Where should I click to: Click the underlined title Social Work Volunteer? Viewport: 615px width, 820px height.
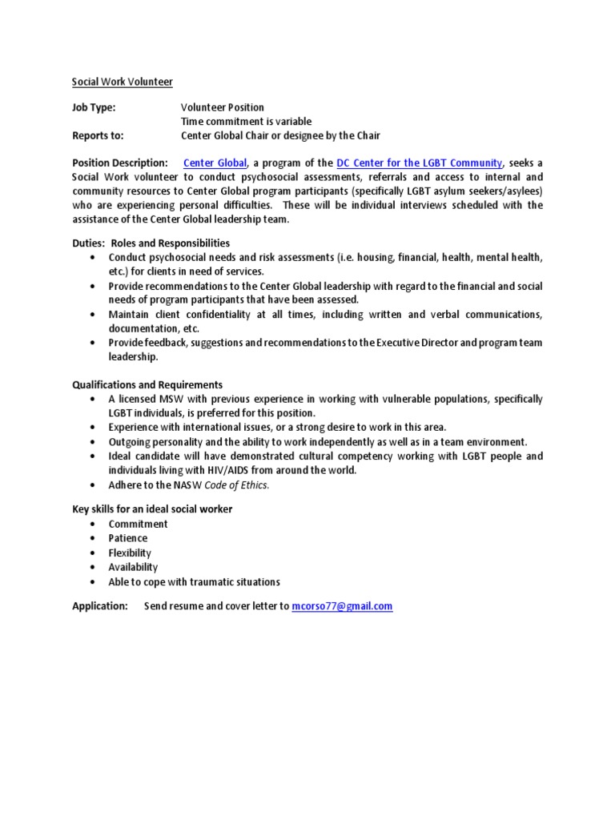click(x=123, y=82)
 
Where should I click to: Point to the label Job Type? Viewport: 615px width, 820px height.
click(x=94, y=107)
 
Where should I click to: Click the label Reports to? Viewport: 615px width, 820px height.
click(x=98, y=135)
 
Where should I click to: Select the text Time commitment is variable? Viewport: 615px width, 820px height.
click(x=246, y=122)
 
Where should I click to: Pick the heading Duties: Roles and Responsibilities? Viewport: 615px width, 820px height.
click(x=151, y=243)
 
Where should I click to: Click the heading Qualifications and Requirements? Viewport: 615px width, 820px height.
click(x=147, y=384)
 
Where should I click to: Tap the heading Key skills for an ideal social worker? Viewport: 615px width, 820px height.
click(x=152, y=509)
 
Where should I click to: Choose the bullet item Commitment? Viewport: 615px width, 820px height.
click(x=139, y=524)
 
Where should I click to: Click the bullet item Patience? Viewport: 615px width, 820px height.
click(x=128, y=538)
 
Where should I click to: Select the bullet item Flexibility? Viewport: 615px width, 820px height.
click(x=130, y=553)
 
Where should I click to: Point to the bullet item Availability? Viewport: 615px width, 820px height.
click(x=133, y=567)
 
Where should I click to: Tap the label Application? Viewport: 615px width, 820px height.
click(x=100, y=606)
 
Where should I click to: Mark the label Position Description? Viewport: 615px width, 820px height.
click(x=120, y=163)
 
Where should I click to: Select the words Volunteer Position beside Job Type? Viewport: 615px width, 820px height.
click(x=222, y=107)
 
